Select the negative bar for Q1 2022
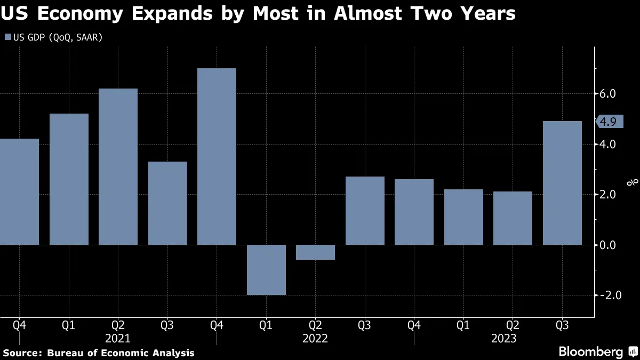266,270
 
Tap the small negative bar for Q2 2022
315,252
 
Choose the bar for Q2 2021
118,166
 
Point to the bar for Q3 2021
167,203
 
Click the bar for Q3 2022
365,211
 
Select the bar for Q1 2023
463,217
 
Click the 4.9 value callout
607,122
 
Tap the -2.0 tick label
606,295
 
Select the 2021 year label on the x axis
118,338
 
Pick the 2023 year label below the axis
504,338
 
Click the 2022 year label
315,338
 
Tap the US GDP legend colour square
7,37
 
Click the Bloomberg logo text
590,352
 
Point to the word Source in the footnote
22,353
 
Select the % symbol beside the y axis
633,182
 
